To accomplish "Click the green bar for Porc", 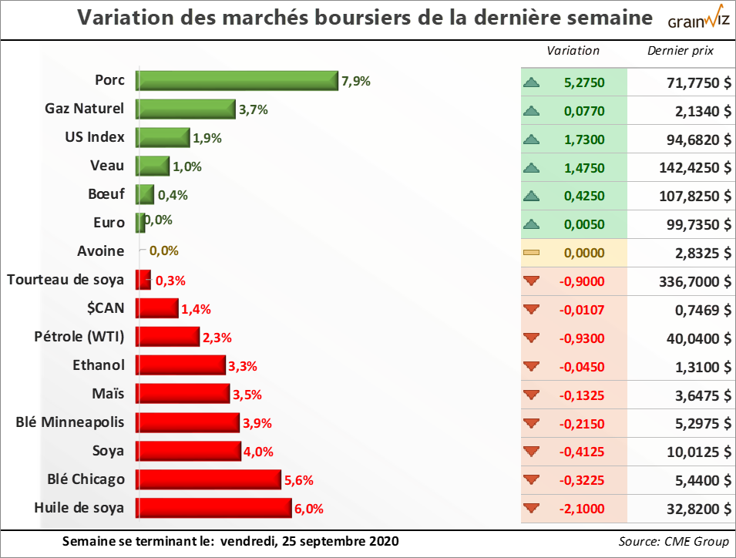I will (x=237, y=81).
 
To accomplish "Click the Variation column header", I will (x=573, y=51).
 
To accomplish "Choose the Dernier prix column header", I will (x=681, y=51).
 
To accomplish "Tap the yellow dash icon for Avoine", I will (x=530, y=253).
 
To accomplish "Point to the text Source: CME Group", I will (x=673, y=541).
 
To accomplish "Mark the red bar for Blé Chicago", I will (x=208, y=479).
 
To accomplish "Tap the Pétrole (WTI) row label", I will (x=79, y=336).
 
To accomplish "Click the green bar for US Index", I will (x=163, y=138).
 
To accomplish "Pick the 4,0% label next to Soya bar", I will (x=257, y=452).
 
